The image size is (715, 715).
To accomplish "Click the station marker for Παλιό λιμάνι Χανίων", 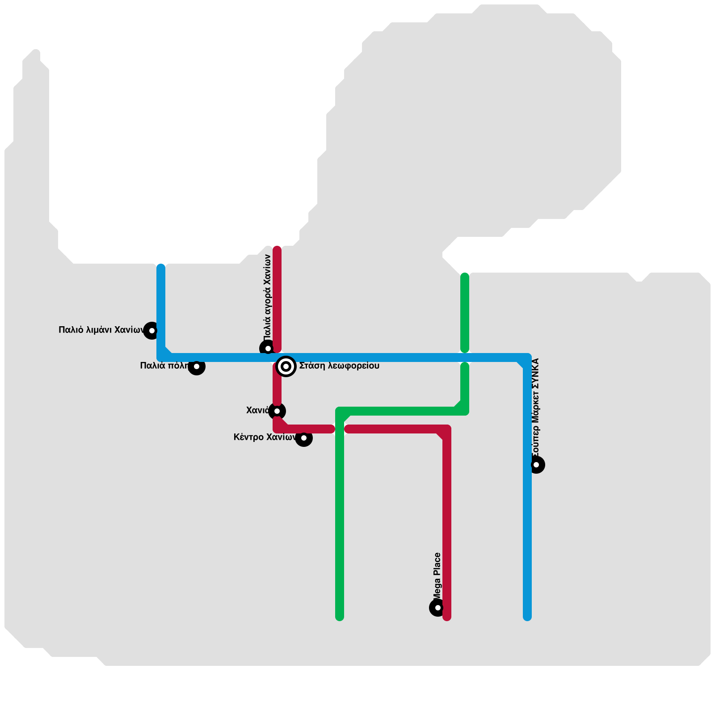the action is pos(152,331).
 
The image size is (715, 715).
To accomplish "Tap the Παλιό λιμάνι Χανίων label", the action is pos(101,330).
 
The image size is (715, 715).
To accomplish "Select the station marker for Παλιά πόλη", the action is pos(197,366).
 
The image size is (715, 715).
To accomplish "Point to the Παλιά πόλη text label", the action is pos(164,366).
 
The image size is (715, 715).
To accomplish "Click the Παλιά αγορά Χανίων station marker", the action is pos(268,349).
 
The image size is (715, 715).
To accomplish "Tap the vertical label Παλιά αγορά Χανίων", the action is pos(268,297).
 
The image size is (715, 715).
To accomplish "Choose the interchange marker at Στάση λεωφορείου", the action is pos(286,366).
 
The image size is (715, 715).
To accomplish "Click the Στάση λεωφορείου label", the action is pos(339,366).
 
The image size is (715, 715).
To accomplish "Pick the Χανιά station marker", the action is pos(277,411).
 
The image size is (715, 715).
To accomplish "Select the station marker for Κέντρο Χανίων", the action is pos(304,438).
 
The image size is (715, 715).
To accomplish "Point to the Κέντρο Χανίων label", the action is pos(265,437).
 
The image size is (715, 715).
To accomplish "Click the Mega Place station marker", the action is pos(438,608).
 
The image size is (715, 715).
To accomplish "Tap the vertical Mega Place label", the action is pos(437,576).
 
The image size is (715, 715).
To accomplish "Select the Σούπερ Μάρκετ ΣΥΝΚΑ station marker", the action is pos(536,465).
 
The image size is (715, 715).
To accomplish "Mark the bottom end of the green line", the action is pos(340,617).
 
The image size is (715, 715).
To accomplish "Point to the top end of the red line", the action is pos(277,249).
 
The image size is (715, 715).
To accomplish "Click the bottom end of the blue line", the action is pos(527,617).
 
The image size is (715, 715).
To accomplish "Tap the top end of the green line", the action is pos(465,276).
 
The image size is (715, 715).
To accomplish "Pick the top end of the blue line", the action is pos(161,267).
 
